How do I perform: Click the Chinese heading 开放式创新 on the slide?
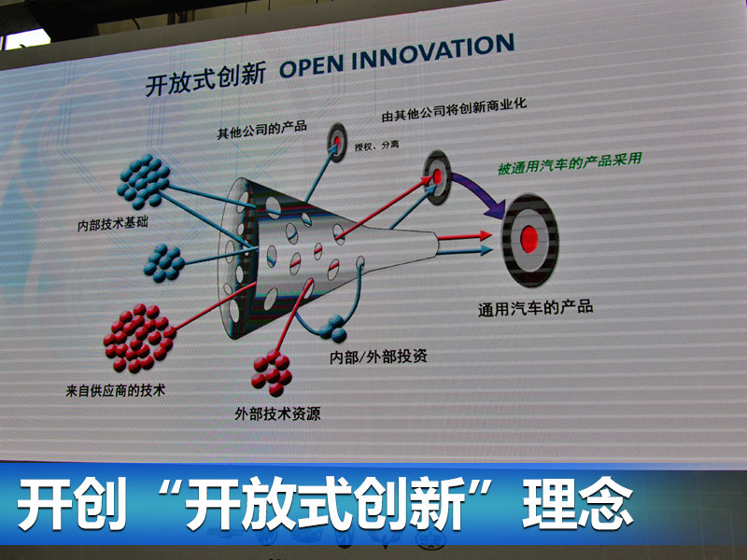point(205,80)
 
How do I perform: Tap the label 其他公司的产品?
point(262,129)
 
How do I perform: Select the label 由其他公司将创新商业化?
point(454,109)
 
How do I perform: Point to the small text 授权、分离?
point(376,146)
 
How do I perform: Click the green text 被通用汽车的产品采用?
point(570,162)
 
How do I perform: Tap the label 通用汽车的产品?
point(535,308)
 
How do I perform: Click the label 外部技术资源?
point(277,413)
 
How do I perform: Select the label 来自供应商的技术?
point(115,391)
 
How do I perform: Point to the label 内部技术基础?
point(113,223)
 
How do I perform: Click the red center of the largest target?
point(529,239)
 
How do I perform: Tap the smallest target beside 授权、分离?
point(336,142)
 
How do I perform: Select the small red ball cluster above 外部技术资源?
point(272,374)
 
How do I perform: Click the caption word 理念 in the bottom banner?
point(577,503)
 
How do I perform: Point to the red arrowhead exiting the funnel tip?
point(486,235)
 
